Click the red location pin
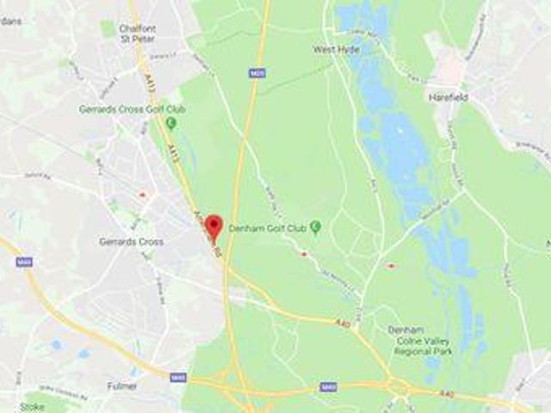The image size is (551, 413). coord(214,226)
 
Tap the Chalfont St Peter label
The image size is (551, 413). coord(138,32)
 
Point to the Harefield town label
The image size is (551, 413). coord(449,97)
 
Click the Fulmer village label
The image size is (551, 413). coord(121,386)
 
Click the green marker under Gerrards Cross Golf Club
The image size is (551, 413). coord(170,123)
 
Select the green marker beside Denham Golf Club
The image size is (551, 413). coord(315,227)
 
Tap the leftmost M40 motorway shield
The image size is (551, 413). coord(23,261)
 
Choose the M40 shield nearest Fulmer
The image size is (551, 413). coord(178,377)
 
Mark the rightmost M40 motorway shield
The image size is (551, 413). coord(327,387)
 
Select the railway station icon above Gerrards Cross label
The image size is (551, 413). coord(142,195)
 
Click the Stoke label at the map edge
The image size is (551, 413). coord(33,406)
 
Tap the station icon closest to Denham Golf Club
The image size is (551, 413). coord(303,254)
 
